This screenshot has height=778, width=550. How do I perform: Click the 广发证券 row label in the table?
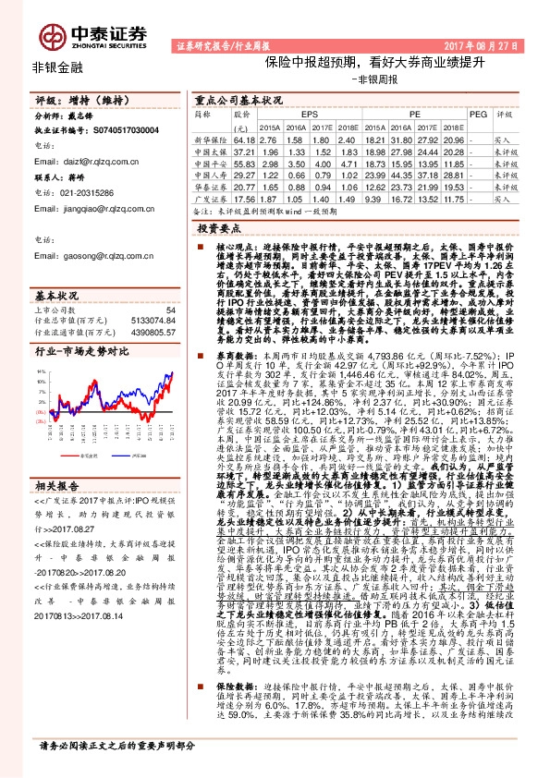[x=211, y=198]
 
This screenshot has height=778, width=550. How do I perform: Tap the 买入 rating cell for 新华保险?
[x=506, y=139]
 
